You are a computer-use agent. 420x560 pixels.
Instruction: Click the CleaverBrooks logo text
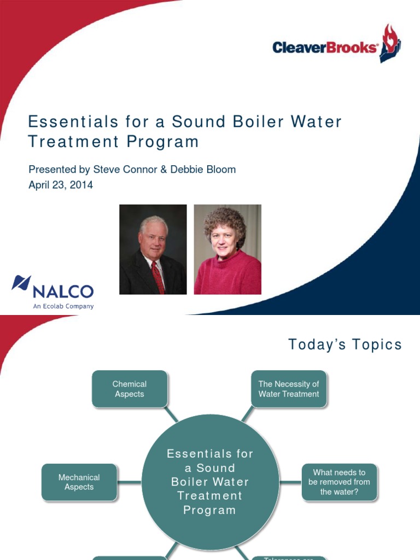tap(325, 48)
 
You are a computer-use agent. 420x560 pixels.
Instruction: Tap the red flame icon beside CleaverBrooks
tap(391, 43)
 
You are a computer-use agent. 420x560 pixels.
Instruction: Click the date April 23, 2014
tap(61, 185)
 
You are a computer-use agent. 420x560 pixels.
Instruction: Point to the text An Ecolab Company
tap(63, 306)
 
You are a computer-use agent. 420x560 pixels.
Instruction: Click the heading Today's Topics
tap(345, 345)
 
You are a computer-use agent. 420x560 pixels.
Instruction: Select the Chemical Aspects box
tap(130, 389)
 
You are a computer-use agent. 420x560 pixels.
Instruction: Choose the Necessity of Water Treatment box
tap(289, 389)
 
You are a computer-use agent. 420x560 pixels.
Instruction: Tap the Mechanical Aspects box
tap(79, 482)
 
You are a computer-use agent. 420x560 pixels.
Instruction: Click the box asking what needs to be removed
tap(339, 482)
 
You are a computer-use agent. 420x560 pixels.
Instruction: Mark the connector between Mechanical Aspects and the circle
tap(130, 482)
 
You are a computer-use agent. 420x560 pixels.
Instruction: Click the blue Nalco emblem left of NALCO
tap(21, 284)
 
